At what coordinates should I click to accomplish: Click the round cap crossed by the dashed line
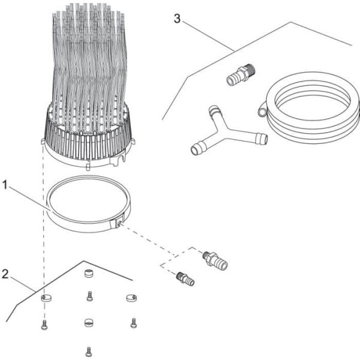click(x=44, y=298)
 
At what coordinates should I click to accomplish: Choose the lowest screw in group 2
click(x=89, y=350)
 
